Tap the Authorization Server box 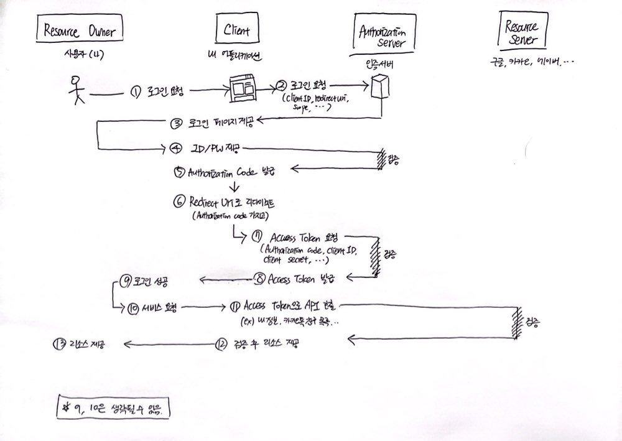pos(381,36)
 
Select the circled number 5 pos(180,174)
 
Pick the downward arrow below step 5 pos(235,187)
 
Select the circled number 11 pos(234,306)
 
